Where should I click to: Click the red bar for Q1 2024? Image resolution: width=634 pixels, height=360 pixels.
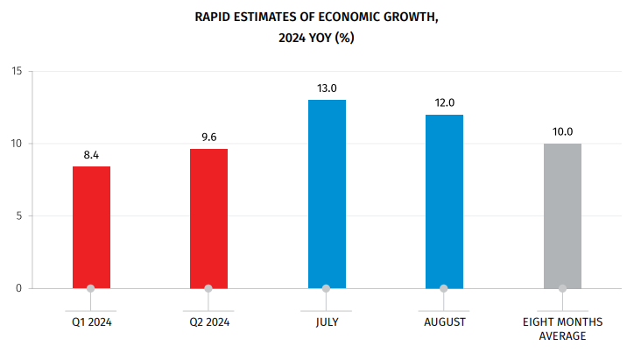(x=91, y=227)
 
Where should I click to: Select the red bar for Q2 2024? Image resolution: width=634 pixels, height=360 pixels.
(x=208, y=218)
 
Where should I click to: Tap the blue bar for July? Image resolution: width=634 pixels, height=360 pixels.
(x=327, y=194)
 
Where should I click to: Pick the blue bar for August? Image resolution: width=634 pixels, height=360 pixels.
(x=444, y=201)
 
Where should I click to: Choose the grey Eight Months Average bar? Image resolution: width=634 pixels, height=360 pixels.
(x=562, y=215)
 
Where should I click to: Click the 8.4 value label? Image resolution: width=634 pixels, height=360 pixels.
(x=91, y=155)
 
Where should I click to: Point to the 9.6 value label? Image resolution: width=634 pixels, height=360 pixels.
(x=208, y=138)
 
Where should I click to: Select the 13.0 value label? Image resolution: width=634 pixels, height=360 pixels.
(x=327, y=88)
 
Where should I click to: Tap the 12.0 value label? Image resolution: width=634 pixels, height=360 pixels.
(x=444, y=103)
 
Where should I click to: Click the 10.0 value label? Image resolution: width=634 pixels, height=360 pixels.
(x=562, y=132)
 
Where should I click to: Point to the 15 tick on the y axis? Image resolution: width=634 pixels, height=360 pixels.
(x=17, y=71)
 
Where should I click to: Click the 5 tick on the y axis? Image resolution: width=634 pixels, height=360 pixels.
(x=19, y=215)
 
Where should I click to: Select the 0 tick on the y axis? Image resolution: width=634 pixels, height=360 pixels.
(x=19, y=288)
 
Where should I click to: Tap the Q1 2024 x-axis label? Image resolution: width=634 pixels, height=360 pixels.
(x=92, y=322)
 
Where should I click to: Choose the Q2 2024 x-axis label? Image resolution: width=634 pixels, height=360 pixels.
(x=209, y=322)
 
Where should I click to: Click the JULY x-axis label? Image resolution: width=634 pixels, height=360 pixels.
(x=327, y=322)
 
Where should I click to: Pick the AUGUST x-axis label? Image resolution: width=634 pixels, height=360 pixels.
(x=444, y=322)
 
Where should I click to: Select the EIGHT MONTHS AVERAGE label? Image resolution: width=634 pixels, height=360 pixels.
(x=562, y=328)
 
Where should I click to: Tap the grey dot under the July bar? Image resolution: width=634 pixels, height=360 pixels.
(x=327, y=288)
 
